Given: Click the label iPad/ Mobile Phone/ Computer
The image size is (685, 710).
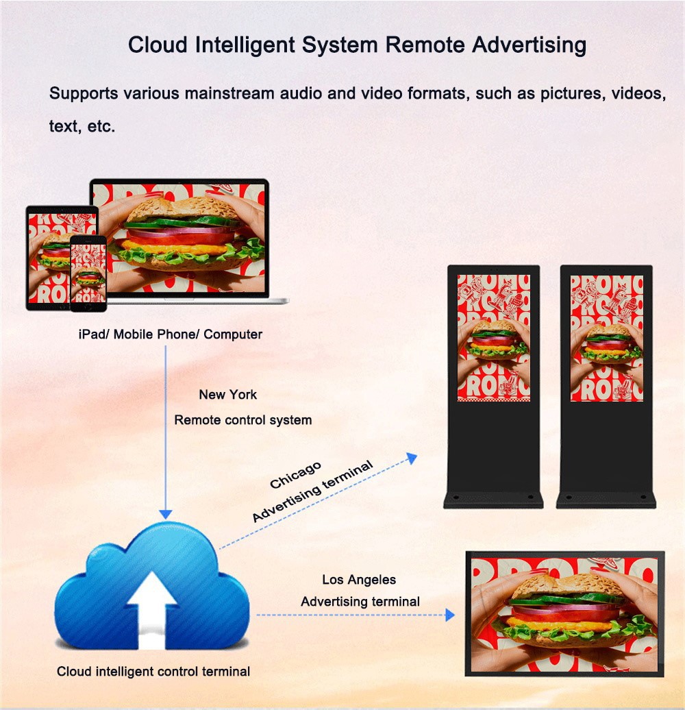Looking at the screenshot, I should click(170, 334).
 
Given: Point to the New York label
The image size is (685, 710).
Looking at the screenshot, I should click(227, 395).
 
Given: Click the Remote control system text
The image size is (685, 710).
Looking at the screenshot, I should click(242, 419).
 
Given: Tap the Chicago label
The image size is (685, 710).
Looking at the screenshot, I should click(295, 475).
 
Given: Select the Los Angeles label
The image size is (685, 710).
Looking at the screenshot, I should click(359, 580).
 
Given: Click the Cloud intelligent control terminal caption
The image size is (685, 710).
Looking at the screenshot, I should click(153, 672).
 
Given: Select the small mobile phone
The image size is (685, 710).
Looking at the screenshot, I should click(88, 273).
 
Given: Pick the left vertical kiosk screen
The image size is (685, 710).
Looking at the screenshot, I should click(493, 337).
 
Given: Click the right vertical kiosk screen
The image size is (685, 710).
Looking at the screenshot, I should click(606, 337).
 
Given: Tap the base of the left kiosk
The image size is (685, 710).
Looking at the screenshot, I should click(493, 498).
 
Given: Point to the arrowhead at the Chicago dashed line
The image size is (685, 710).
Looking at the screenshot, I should click(412, 458).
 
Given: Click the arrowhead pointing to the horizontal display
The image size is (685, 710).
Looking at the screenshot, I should click(449, 615).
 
